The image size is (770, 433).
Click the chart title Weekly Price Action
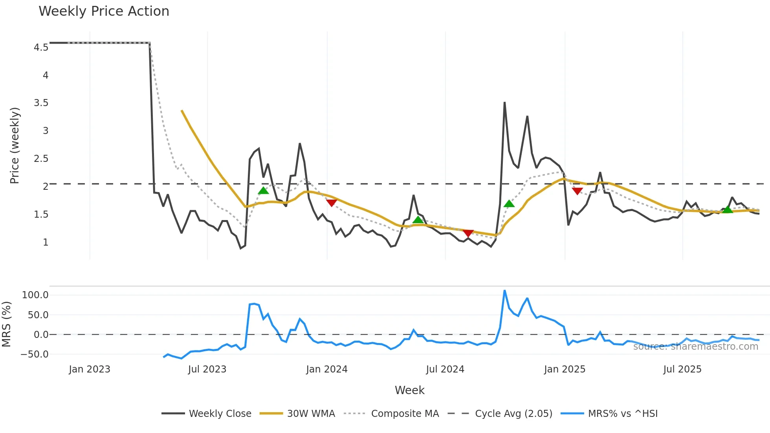pos(104,11)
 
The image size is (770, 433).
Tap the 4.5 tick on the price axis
pos(41,48)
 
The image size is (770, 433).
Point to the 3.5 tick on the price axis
pos(41,103)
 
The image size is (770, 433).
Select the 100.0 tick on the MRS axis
pos(35,295)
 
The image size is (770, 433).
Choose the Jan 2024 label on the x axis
pos(326,369)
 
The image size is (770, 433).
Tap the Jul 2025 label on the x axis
pos(682,369)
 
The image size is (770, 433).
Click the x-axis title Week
pos(409,390)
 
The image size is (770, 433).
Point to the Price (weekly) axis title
pos(15,145)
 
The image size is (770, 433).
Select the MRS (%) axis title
pos(6,324)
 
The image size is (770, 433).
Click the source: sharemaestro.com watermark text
pos(695,347)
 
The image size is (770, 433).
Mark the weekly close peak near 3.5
pos(504,103)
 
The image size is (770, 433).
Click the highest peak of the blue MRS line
pos(504,291)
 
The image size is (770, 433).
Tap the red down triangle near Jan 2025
pos(577,191)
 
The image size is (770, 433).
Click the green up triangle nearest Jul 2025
pos(727,209)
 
